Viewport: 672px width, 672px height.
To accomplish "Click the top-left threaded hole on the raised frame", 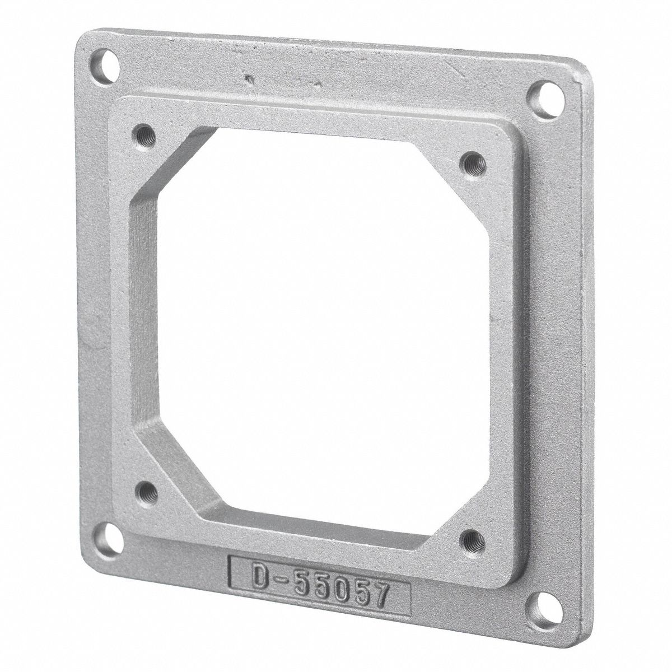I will pyautogui.click(x=141, y=134).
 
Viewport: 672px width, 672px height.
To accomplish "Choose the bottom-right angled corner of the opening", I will pyautogui.click(x=445, y=504).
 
